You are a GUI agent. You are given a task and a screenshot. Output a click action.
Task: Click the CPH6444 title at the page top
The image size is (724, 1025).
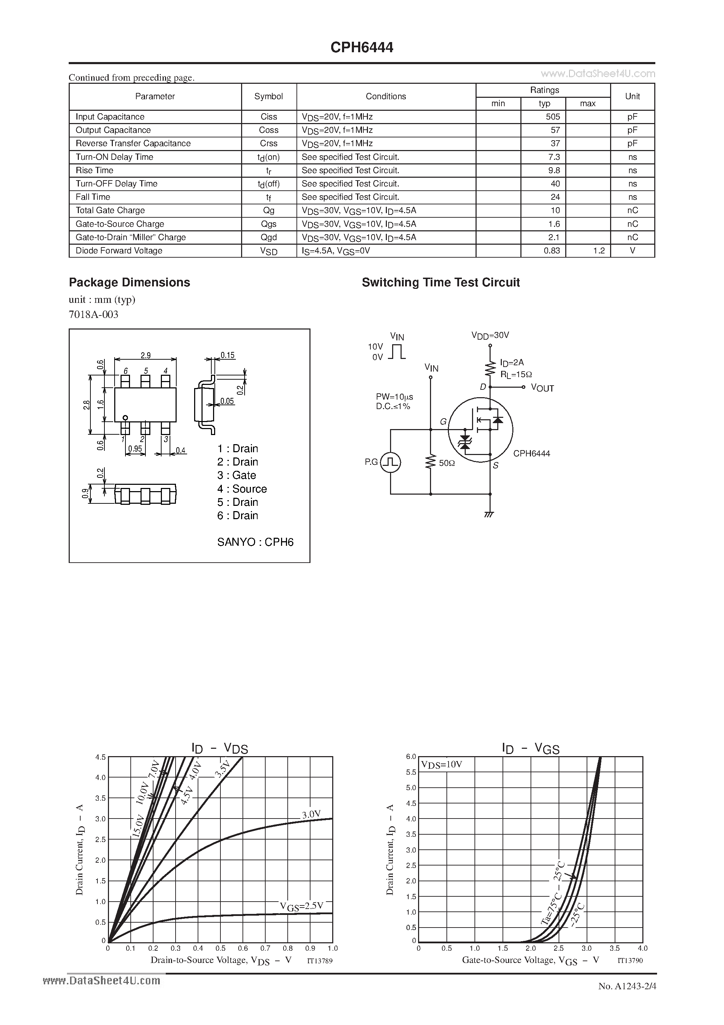click(362, 48)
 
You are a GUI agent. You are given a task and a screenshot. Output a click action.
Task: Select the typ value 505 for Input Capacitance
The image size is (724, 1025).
click(552, 116)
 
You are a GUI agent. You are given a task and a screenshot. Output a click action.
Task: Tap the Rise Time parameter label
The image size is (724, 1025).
click(95, 170)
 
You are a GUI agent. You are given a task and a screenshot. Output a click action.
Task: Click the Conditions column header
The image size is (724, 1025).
click(386, 96)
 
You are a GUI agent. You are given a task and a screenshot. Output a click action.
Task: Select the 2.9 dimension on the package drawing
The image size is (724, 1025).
click(145, 355)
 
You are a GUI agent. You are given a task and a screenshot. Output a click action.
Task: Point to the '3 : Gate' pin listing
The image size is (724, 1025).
click(237, 475)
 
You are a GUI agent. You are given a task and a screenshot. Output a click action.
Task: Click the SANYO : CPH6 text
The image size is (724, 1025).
click(255, 542)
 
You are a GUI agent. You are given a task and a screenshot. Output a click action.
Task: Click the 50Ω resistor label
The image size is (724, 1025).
click(447, 463)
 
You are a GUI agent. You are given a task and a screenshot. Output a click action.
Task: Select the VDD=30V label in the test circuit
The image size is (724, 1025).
click(490, 335)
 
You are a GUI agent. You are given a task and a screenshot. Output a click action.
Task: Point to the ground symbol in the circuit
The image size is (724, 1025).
click(489, 515)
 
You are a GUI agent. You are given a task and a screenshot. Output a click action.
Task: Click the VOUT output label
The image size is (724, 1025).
click(542, 388)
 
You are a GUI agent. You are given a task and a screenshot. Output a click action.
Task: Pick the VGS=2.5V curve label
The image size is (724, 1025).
click(301, 906)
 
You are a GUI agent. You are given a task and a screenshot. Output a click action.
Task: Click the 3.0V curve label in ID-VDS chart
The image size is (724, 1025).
click(311, 814)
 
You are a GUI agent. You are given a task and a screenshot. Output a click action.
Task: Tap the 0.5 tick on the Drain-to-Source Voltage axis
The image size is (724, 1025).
click(220, 948)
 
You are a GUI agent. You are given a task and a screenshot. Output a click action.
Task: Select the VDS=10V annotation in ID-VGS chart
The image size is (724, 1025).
click(442, 764)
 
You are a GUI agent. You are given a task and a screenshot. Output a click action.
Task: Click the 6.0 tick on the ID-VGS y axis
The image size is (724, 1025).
click(411, 756)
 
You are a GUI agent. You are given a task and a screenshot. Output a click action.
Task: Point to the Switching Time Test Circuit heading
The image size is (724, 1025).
click(440, 282)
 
